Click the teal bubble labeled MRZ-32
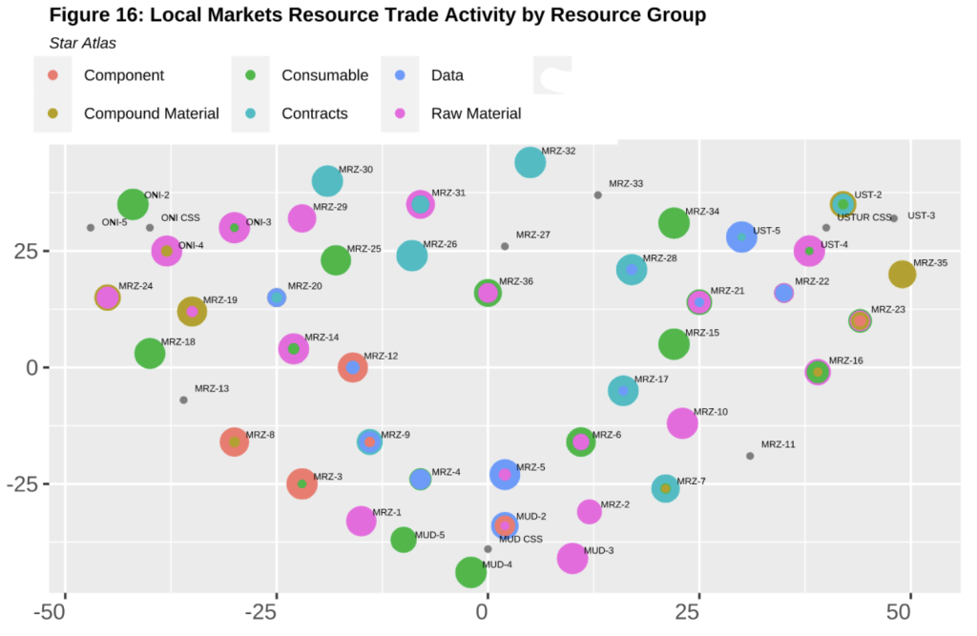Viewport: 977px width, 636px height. click(x=530, y=163)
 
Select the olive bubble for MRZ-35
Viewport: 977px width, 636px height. click(x=902, y=274)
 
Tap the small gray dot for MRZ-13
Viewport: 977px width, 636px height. click(x=183, y=400)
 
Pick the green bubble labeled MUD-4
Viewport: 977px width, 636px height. click(x=470, y=572)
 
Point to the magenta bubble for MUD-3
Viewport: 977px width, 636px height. click(x=572, y=558)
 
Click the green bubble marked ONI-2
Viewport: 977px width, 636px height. click(x=133, y=204)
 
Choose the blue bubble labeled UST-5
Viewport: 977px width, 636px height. click(x=741, y=236)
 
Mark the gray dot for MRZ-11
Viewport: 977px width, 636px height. click(x=750, y=456)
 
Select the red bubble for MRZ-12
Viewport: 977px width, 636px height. click(x=353, y=367)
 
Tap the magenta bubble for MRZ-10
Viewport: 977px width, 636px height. click(x=682, y=423)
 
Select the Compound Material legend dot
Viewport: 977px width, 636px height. click(x=53, y=113)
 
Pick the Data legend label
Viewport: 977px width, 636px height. click(x=447, y=75)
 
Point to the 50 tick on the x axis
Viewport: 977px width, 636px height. click(x=899, y=612)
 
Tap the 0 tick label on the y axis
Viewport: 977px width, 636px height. click(x=32, y=367)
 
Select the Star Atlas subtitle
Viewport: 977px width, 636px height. click(x=83, y=43)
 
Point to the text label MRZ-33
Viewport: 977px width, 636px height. click(x=626, y=184)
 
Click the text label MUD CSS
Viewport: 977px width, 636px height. click(x=521, y=540)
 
